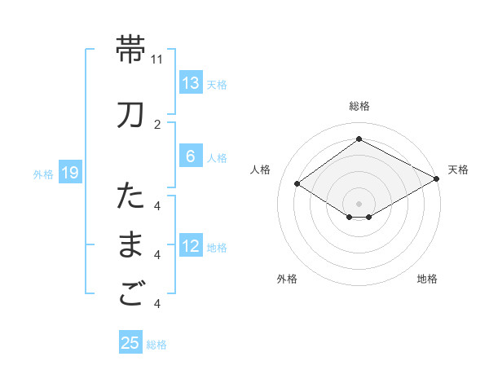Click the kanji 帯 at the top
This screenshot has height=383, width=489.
[131, 50]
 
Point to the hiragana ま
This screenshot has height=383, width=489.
[131, 246]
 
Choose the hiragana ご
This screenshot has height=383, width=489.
[131, 295]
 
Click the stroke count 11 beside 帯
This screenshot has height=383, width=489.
[157, 59]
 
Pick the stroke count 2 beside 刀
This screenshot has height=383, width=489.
[157, 125]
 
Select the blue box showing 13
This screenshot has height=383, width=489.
[190, 83]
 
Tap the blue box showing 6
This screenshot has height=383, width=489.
[190, 156]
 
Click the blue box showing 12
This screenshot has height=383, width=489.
[190, 246]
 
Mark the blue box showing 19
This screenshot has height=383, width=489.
[69, 173]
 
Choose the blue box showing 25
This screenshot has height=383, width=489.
[130, 343]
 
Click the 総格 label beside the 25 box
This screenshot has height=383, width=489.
[156, 345]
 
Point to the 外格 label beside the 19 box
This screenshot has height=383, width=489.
[42, 174]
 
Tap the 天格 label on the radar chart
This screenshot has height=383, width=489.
[458, 169]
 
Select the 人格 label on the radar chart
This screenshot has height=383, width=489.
[261, 169]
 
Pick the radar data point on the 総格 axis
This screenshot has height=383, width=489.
[359, 139]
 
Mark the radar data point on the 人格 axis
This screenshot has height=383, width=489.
[297, 184]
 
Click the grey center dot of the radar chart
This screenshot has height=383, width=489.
[359, 203]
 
